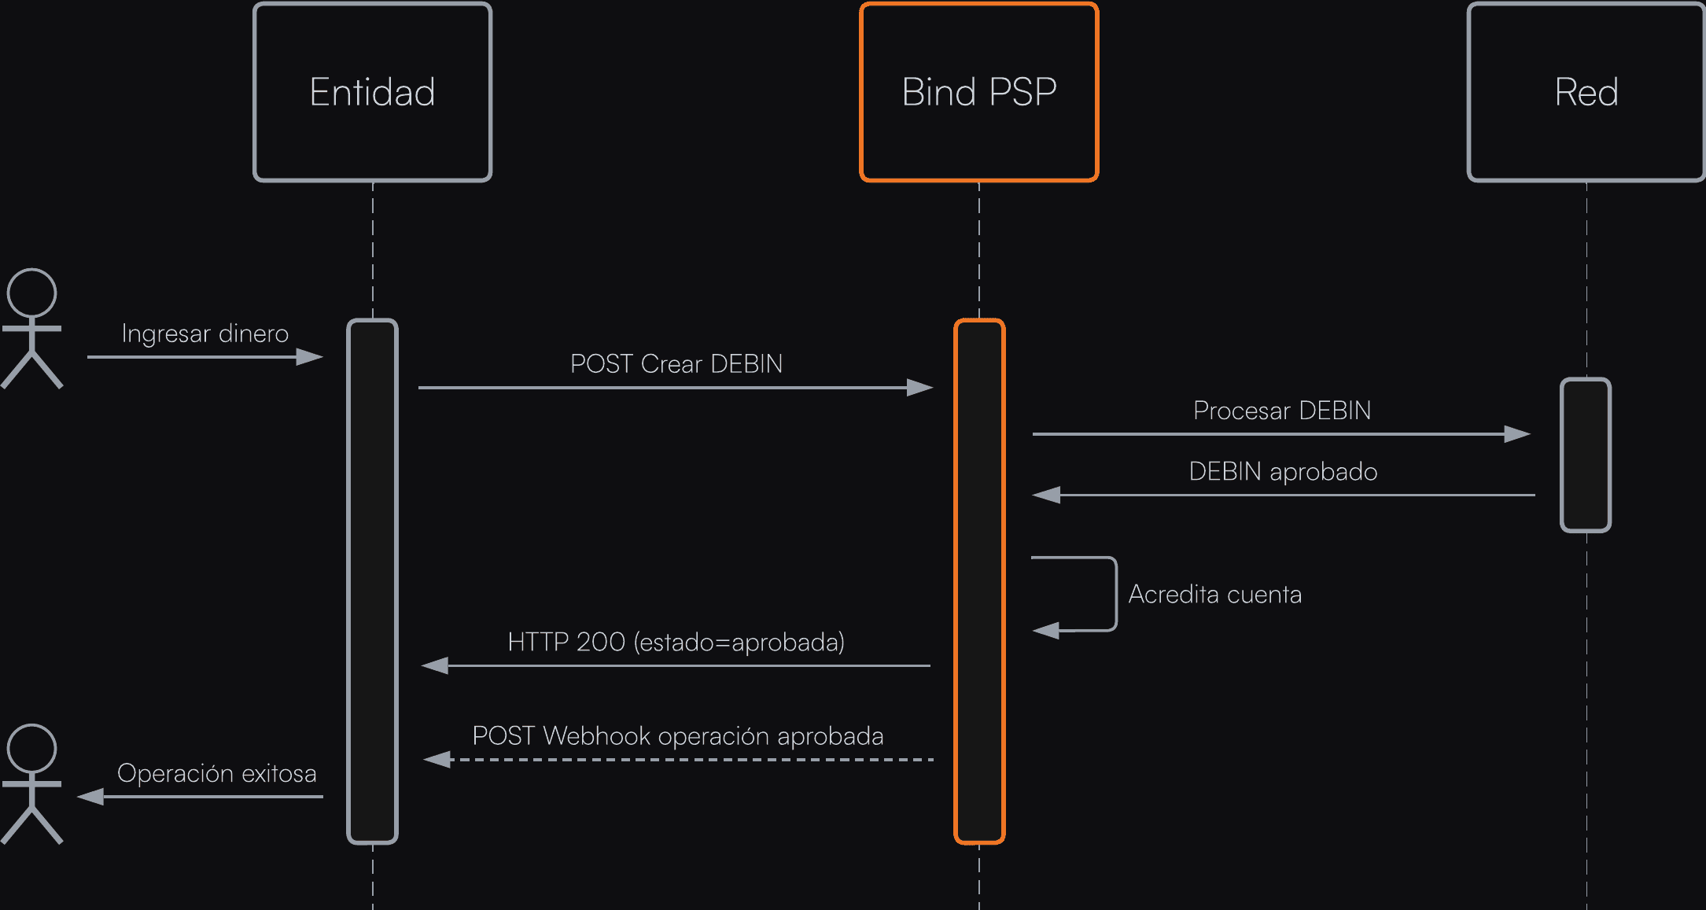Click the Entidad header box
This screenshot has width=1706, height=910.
coord(372,92)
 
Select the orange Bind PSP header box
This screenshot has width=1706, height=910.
coord(978,92)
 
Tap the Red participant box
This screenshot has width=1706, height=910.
coord(1586,92)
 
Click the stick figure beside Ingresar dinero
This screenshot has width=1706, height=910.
coord(31,328)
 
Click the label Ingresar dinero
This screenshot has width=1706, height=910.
coord(204,333)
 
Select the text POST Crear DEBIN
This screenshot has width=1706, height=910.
coord(676,364)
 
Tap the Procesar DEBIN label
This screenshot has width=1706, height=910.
coord(1281,411)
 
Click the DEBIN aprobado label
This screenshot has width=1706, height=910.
coord(1282,472)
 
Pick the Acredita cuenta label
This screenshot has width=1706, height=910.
coord(1214,595)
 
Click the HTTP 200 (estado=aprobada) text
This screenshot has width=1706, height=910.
coord(676,643)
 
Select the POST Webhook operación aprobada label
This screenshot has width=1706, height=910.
coord(677,736)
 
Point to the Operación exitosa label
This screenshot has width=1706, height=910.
coord(216,774)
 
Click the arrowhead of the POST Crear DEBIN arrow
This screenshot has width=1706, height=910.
coord(919,388)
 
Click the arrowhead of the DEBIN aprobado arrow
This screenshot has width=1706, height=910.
coord(1047,496)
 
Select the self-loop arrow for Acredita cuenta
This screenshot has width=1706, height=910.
coord(1115,594)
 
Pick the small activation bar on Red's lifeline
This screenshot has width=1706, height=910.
coord(1586,455)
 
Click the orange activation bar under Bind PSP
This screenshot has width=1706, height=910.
coord(979,581)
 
